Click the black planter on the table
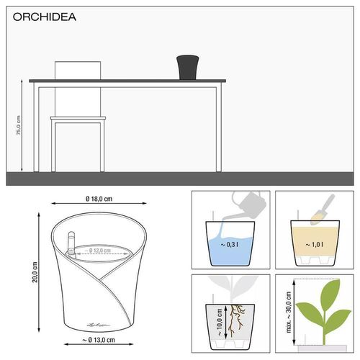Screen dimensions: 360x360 [189, 67]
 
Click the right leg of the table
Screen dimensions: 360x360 [220, 130]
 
